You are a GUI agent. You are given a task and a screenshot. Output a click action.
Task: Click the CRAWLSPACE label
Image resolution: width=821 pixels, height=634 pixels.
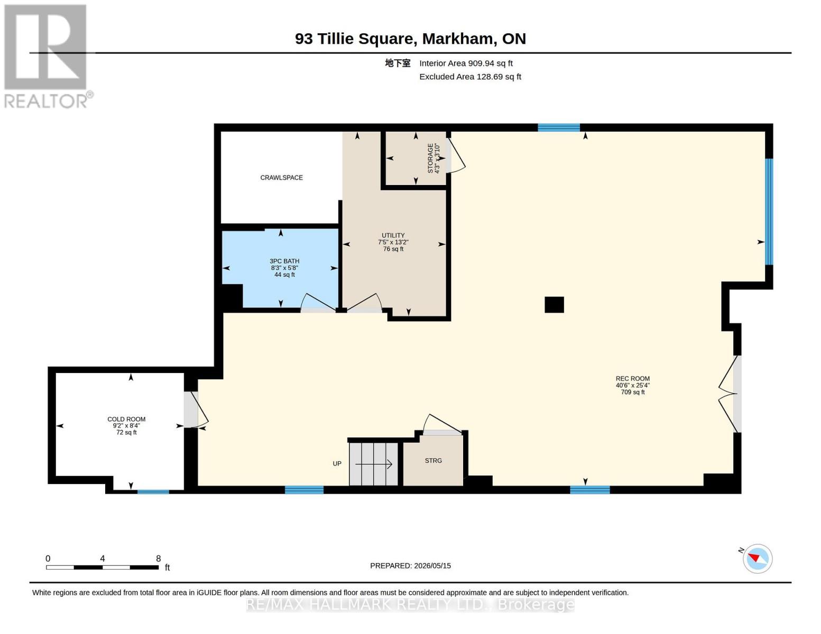tap(281, 178)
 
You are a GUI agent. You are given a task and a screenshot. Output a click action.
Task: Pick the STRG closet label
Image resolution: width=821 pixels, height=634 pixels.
tap(433, 461)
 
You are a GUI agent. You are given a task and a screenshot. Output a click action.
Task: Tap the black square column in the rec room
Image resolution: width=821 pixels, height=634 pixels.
tap(554, 305)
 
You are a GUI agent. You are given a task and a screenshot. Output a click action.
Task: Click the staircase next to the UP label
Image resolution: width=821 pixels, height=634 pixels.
tap(373, 464)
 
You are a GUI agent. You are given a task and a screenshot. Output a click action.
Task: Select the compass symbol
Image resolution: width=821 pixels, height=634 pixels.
tap(757, 559)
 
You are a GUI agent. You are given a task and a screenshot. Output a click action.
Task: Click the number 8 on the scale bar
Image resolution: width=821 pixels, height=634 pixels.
tap(158, 558)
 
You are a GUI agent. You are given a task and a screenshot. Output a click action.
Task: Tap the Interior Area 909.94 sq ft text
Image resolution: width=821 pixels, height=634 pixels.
tap(466, 63)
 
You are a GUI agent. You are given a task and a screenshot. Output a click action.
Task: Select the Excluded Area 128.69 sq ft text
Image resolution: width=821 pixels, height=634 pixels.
tap(470, 77)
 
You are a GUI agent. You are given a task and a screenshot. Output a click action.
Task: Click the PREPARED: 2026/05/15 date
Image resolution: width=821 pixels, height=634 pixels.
tap(410, 566)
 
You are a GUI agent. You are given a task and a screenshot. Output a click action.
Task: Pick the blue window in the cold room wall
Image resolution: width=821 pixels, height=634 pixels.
tap(153, 492)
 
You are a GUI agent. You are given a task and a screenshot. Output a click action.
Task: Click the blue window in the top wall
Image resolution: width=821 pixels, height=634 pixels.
tap(558, 127)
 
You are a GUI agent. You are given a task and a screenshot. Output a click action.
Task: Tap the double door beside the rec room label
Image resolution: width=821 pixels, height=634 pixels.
tap(729, 394)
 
